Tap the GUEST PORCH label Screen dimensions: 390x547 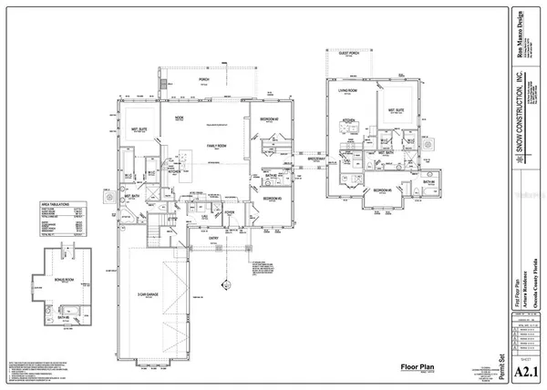pos(349,78)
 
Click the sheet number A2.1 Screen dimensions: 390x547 pos(523,370)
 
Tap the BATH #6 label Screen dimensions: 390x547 pos(428,182)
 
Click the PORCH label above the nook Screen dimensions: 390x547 pos(203,78)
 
